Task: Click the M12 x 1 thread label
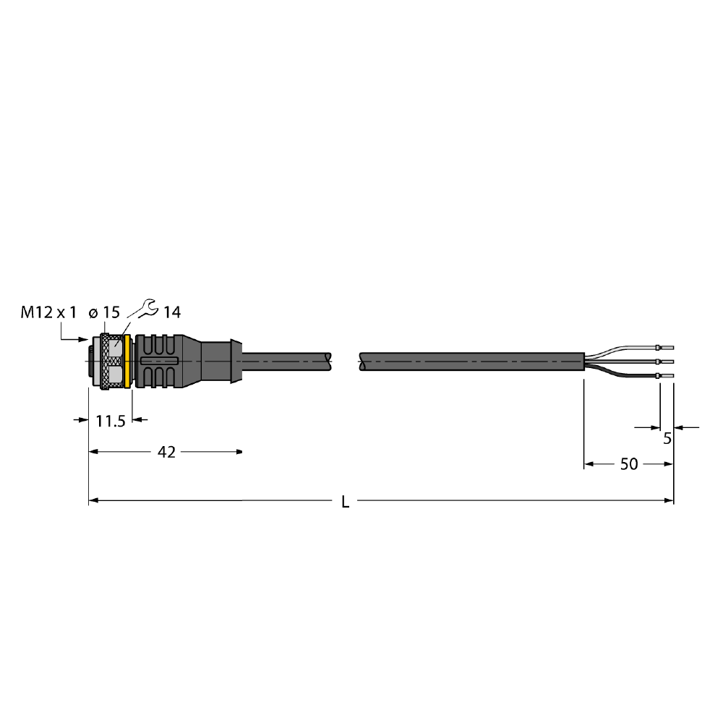click(48, 312)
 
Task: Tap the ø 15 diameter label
click(104, 312)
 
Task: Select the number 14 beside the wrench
click(172, 312)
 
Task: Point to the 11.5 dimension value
click(111, 421)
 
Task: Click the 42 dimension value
click(166, 453)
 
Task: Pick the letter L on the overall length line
click(345, 502)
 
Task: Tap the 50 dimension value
click(629, 464)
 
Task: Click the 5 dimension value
click(667, 439)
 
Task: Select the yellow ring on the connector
click(128, 361)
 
